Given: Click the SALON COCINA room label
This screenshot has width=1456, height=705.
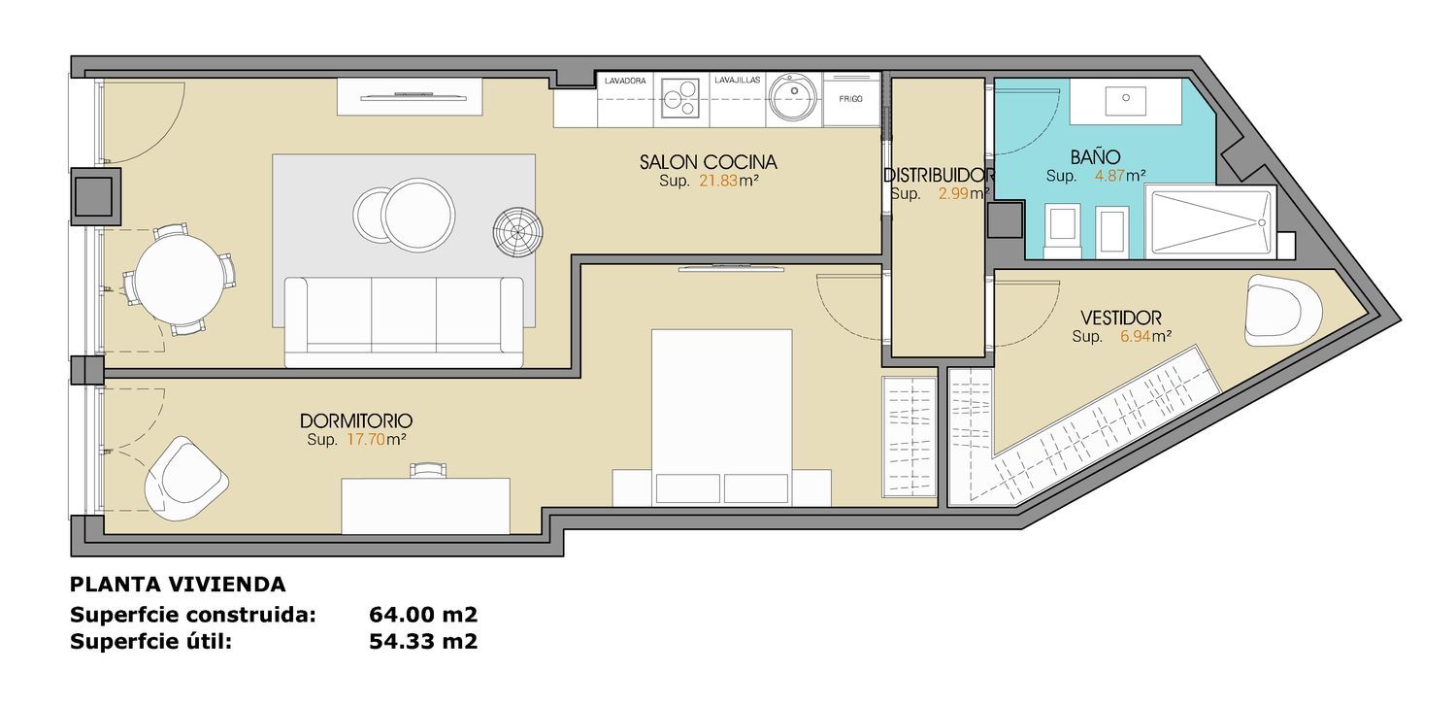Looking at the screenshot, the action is click(708, 162).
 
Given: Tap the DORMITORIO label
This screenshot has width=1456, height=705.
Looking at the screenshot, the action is click(356, 420).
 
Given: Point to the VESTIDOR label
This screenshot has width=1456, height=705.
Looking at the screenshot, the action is click(1120, 319).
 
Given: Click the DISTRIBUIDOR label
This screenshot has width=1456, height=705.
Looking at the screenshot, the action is click(938, 175).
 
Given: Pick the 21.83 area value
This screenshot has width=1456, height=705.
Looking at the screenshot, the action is click(718, 181).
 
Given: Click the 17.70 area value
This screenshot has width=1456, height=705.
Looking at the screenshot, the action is click(366, 439).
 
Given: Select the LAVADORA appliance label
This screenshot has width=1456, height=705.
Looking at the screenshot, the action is click(625, 81).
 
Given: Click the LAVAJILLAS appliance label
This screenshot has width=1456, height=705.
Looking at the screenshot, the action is click(737, 80).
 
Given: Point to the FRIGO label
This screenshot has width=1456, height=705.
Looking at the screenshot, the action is click(851, 99).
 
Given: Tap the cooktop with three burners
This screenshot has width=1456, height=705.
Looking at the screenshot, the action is click(680, 98).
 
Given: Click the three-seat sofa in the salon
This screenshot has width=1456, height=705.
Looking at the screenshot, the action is click(404, 322).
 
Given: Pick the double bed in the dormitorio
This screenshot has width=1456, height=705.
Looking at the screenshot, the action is click(721, 417).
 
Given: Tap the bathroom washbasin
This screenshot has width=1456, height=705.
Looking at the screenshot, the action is click(1126, 100).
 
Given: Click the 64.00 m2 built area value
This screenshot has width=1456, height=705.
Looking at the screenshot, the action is click(423, 614).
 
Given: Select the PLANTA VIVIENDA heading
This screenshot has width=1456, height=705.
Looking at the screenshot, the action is click(178, 585).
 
